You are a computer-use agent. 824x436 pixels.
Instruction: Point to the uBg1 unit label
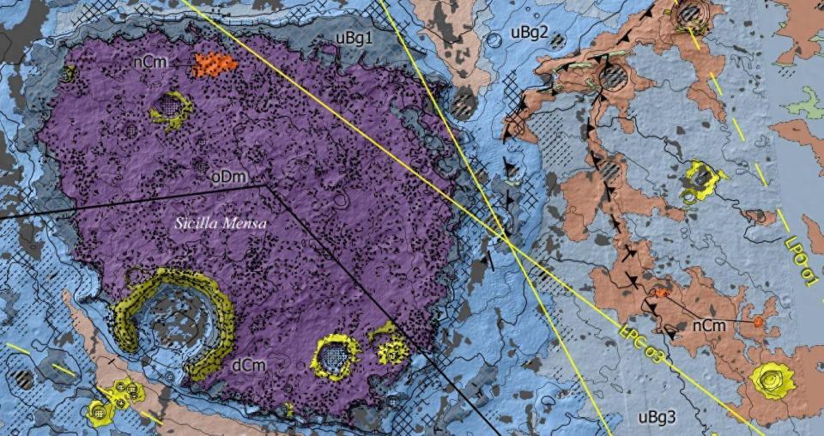(354, 39)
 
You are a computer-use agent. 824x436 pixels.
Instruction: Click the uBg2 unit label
(529, 33)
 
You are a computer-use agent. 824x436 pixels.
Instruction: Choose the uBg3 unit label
(657, 418)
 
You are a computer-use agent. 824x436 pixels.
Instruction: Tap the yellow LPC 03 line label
(642, 343)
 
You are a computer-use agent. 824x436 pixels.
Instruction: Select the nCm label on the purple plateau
(151, 63)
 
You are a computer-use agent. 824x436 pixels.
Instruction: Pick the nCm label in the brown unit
(710, 325)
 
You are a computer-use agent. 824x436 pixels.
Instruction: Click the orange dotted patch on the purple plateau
(214, 64)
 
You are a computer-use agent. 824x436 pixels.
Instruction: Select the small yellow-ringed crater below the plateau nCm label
(172, 109)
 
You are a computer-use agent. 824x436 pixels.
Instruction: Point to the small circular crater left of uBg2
(494, 39)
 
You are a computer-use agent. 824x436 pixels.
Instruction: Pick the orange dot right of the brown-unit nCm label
(759, 322)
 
